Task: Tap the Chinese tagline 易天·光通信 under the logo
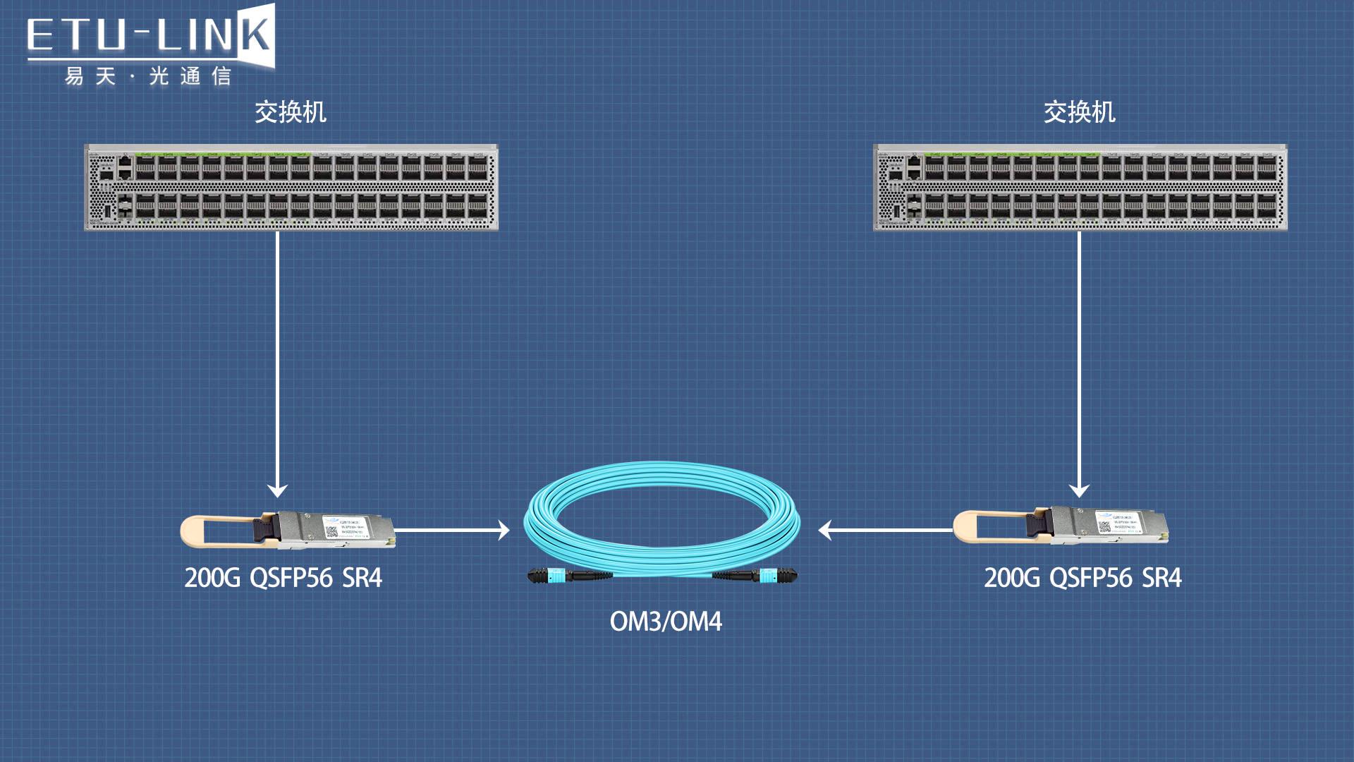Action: pos(148,76)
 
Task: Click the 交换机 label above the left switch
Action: pos(291,112)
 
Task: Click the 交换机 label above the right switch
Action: pos(1079,112)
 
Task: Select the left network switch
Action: pos(291,188)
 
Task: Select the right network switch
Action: pos(1080,188)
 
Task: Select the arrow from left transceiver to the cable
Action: pos(451,530)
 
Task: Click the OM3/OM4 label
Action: pos(666,622)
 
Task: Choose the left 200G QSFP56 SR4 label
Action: pos(283,578)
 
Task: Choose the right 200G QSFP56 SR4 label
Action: pos(1082,578)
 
